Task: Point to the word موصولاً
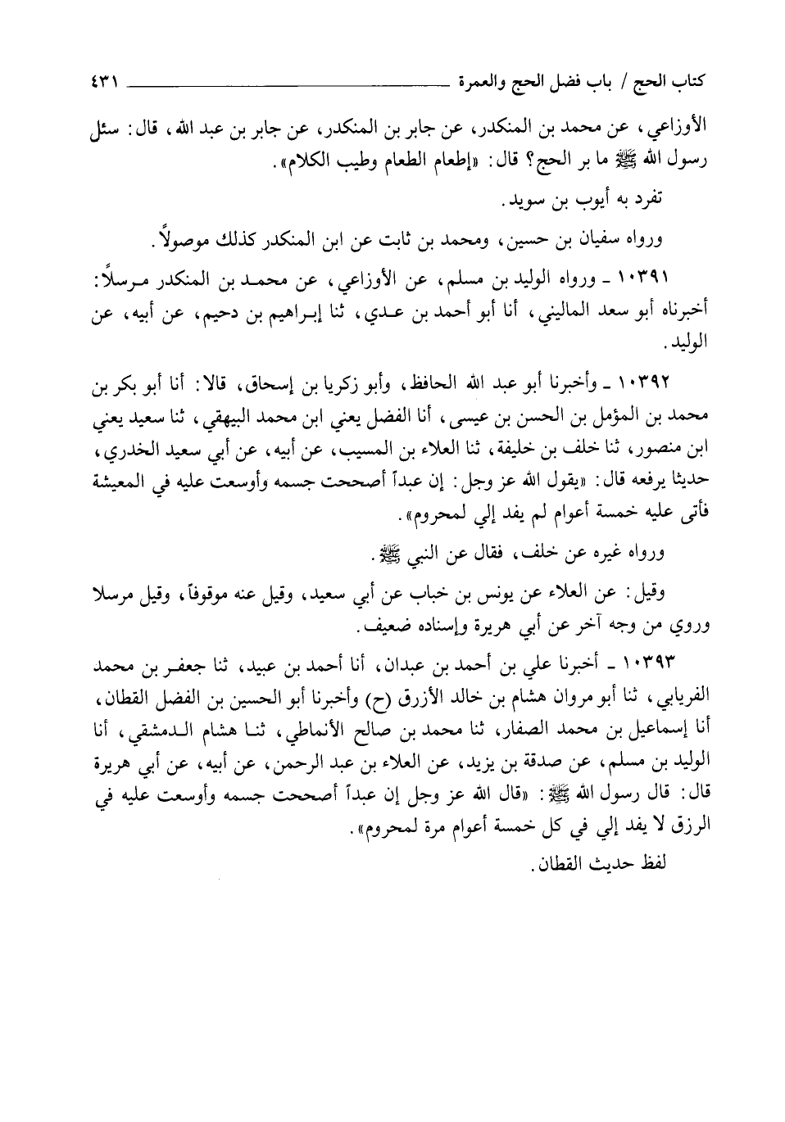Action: [187, 240]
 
